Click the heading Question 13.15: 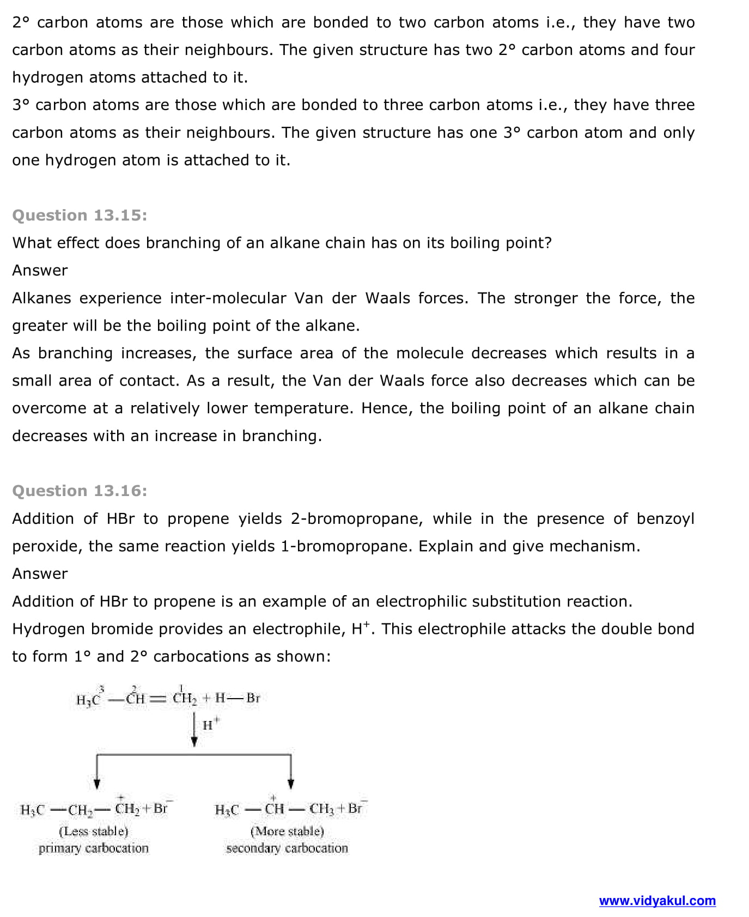[80, 215]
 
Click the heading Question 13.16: [80, 491]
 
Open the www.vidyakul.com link [657, 901]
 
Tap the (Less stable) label [93, 832]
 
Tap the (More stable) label [287, 832]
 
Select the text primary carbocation [93, 848]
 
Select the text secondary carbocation [287, 848]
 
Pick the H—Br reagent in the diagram [238, 698]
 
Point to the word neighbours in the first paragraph [228, 50]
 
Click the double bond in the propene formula [157, 699]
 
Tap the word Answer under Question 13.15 [40, 271]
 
